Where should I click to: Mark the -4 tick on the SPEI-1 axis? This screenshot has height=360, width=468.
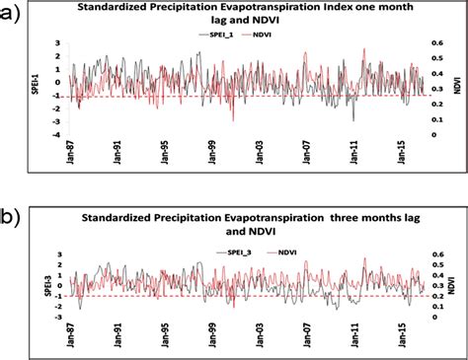59,135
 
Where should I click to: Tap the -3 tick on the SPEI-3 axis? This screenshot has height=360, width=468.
59,318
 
